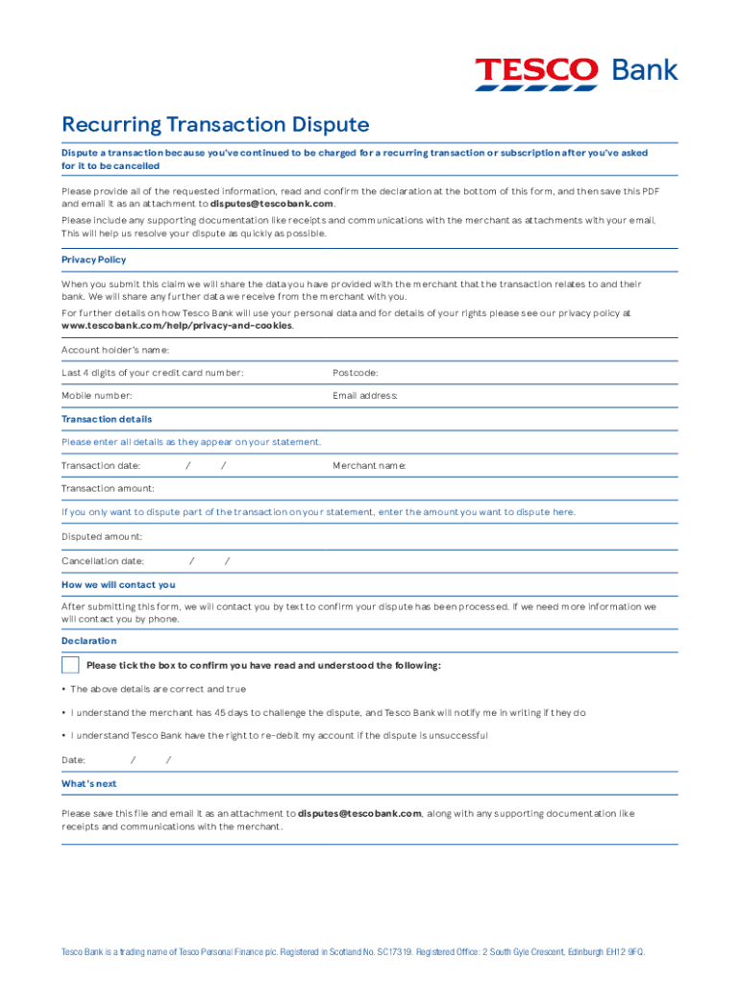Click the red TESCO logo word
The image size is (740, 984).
click(x=536, y=70)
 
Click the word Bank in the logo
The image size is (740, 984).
click(x=645, y=70)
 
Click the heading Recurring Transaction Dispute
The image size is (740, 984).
click(x=215, y=125)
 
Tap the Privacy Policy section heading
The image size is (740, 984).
click(x=93, y=259)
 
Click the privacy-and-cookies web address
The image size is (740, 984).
click(x=177, y=326)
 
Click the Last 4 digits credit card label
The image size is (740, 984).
click(x=152, y=373)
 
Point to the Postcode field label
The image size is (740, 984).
click(x=355, y=373)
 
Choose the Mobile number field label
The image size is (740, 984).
click(x=97, y=396)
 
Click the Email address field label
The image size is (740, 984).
click(x=365, y=396)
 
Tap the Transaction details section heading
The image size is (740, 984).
click(x=107, y=419)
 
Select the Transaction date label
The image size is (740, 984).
click(x=101, y=466)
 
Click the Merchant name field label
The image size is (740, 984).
click(x=369, y=466)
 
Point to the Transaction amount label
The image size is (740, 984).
click(x=108, y=489)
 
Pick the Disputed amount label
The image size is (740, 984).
click(x=102, y=536)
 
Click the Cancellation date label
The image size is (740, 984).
click(x=103, y=561)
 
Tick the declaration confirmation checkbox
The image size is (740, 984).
click(x=70, y=665)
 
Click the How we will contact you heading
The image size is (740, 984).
click(x=118, y=584)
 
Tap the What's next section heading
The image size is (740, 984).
click(x=88, y=784)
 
